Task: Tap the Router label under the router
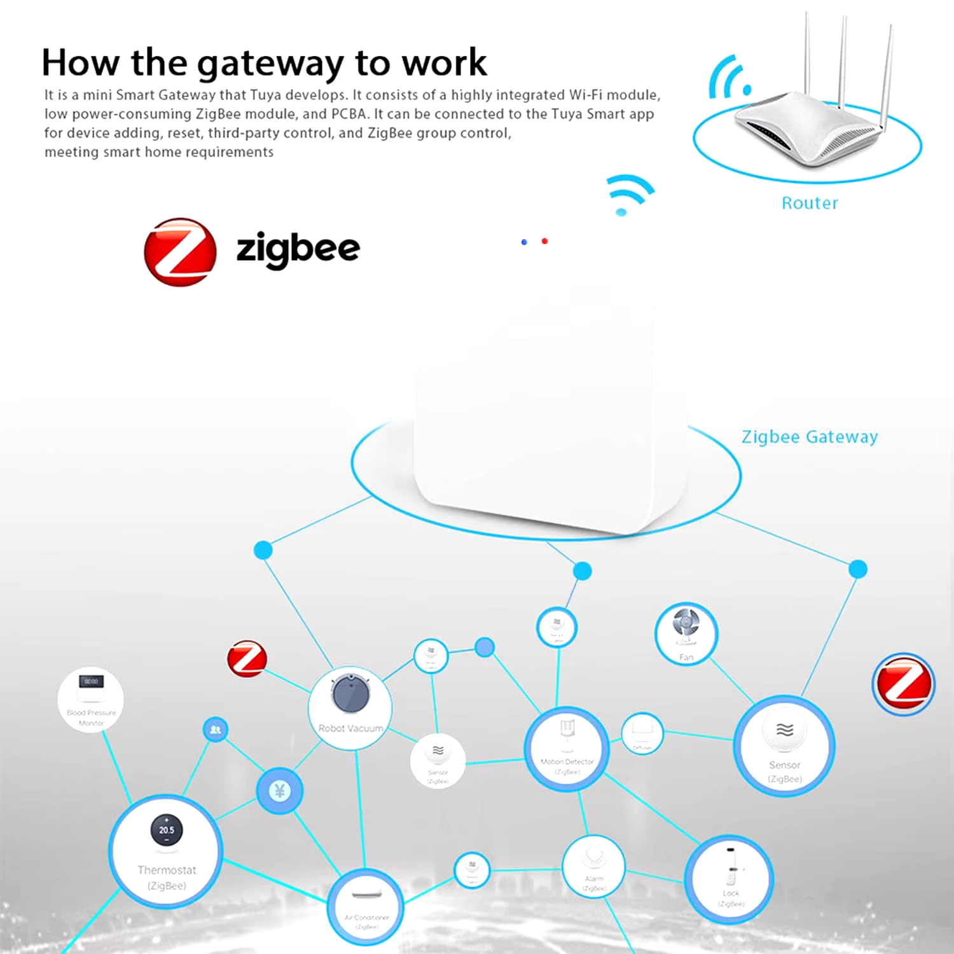(810, 203)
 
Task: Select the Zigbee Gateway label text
(809, 437)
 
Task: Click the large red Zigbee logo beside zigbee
(180, 252)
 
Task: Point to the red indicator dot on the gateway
(544, 241)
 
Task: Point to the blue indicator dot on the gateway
(524, 242)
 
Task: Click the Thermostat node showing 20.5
(166, 850)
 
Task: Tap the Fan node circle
(686, 634)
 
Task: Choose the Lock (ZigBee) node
(729, 879)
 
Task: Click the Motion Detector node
(567, 749)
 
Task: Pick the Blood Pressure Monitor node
(91, 700)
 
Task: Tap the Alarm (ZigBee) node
(594, 866)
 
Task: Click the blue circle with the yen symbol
(279, 791)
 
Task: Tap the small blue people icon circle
(216, 729)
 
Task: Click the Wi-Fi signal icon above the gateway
(628, 194)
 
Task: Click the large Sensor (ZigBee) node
(784, 745)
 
